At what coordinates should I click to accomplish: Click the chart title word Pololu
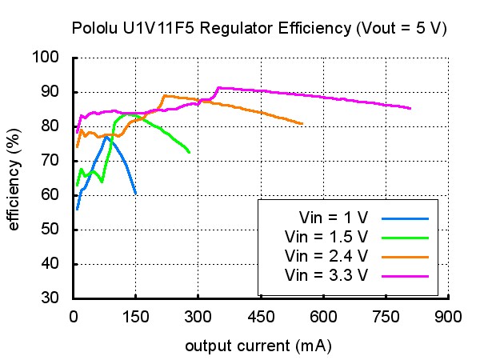pyautogui.click(x=94, y=28)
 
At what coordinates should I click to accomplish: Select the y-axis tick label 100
pyautogui.click(x=46, y=57)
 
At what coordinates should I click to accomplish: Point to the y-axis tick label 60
pyautogui.click(x=50, y=194)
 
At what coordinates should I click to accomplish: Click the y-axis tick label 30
pyautogui.click(x=50, y=298)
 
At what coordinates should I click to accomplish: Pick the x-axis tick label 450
pyautogui.click(x=261, y=317)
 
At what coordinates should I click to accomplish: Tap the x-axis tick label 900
pyautogui.click(x=448, y=317)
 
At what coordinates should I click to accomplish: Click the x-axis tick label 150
pyautogui.click(x=136, y=317)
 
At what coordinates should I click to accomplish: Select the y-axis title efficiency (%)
pyautogui.click(x=14, y=179)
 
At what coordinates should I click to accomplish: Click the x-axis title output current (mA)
pyautogui.click(x=258, y=346)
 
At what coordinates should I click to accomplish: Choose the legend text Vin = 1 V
pyautogui.click(x=334, y=218)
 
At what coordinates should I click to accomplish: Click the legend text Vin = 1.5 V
pyautogui.click(x=326, y=237)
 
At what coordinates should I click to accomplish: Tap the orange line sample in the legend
pyautogui.click(x=405, y=258)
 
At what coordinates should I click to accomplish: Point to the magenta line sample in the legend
pyautogui.click(x=405, y=277)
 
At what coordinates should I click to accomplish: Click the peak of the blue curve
pyautogui.click(x=106, y=137)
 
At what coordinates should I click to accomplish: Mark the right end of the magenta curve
pyautogui.click(x=410, y=108)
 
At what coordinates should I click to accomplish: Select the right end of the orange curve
pyautogui.click(x=302, y=124)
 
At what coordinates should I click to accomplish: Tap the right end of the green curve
pyautogui.click(x=190, y=152)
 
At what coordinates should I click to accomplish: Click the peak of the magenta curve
pyautogui.click(x=219, y=88)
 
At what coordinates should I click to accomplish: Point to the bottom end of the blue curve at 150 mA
pyautogui.click(x=136, y=194)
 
